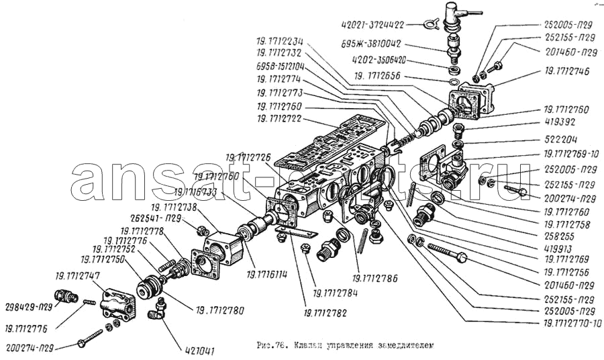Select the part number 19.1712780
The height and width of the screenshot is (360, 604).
(220, 310)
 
